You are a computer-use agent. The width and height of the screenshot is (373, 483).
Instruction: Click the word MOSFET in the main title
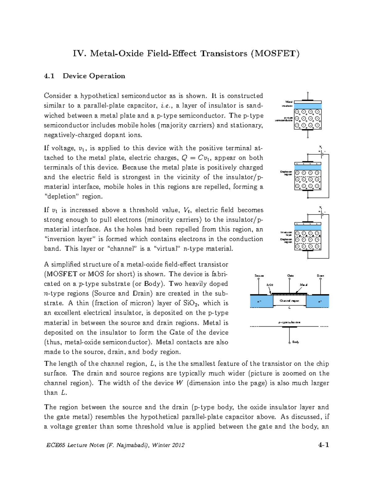coord(275,53)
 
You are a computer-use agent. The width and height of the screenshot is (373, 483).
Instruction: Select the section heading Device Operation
coord(94,76)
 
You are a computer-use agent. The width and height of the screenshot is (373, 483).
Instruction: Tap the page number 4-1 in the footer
coord(323,445)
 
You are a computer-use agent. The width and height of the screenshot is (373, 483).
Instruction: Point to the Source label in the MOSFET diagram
coord(259,276)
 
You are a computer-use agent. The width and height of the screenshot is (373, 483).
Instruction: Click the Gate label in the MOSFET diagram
coord(290,276)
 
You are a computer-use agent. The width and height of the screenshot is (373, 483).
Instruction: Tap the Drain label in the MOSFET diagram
coord(320,276)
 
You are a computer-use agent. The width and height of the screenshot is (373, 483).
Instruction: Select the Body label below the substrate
coord(295,342)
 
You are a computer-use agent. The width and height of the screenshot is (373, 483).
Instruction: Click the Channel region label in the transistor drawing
coord(289,301)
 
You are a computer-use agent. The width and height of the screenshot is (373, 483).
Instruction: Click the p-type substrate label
coord(289,323)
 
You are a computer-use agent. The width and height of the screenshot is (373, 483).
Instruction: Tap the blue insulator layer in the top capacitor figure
coord(307,106)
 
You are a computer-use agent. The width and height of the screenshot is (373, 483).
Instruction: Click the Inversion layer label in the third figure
coord(286,234)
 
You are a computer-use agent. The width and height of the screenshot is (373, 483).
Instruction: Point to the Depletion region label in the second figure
coord(286,173)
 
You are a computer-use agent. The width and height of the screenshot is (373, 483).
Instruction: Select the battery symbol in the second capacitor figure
coord(321,152)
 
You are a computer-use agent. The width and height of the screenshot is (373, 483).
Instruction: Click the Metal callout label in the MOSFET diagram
coord(303,285)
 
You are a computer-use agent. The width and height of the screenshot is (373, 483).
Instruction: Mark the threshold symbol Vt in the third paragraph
coord(187,210)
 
